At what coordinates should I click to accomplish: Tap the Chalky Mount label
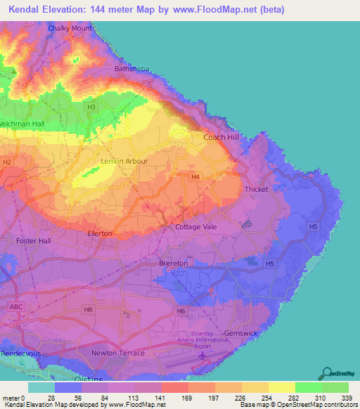click(70, 28)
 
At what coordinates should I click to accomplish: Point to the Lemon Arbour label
click(124, 161)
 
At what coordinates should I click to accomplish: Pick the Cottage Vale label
click(196, 227)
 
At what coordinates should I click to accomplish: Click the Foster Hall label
click(33, 240)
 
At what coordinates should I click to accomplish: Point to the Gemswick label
click(242, 332)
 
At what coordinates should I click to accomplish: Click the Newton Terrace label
click(118, 353)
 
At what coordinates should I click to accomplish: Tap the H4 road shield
click(195, 178)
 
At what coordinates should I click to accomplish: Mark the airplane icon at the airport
click(203, 357)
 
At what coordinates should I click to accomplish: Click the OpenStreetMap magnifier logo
click(326, 372)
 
